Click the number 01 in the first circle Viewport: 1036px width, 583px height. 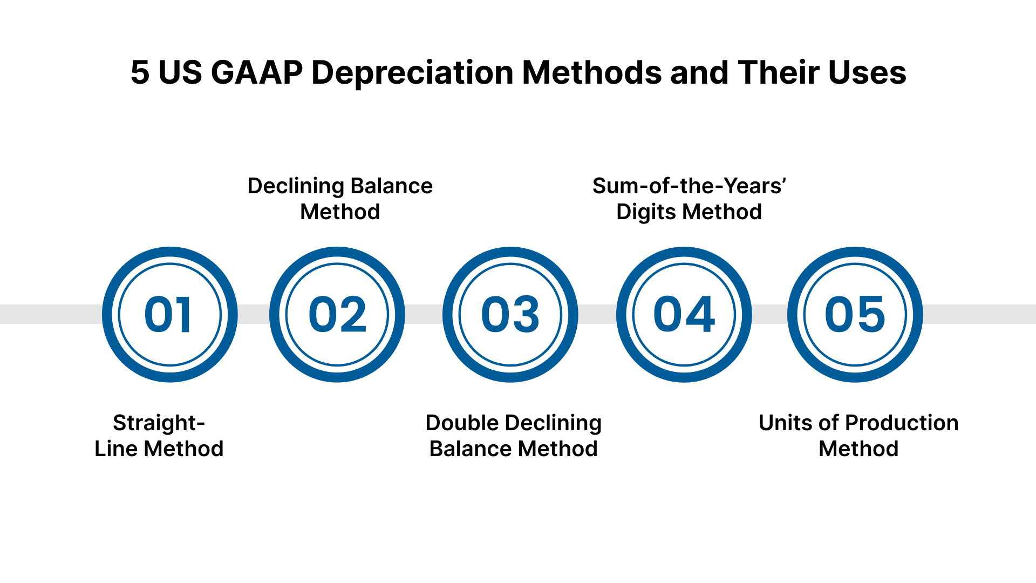[168, 314]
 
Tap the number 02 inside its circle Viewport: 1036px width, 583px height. [337, 314]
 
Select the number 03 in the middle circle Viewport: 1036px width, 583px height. [510, 314]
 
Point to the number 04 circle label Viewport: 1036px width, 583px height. [684, 314]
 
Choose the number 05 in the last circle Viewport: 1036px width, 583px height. [855, 314]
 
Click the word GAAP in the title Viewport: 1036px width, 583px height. [257, 72]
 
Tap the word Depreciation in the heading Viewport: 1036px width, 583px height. [412, 72]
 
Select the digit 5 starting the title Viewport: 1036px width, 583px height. [140, 72]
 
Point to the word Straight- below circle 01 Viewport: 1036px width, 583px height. [159, 423]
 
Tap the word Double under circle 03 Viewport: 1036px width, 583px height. [461, 423]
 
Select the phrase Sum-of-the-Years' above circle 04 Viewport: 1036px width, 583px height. [689, 186]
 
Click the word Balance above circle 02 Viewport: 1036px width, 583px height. [393, 186]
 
